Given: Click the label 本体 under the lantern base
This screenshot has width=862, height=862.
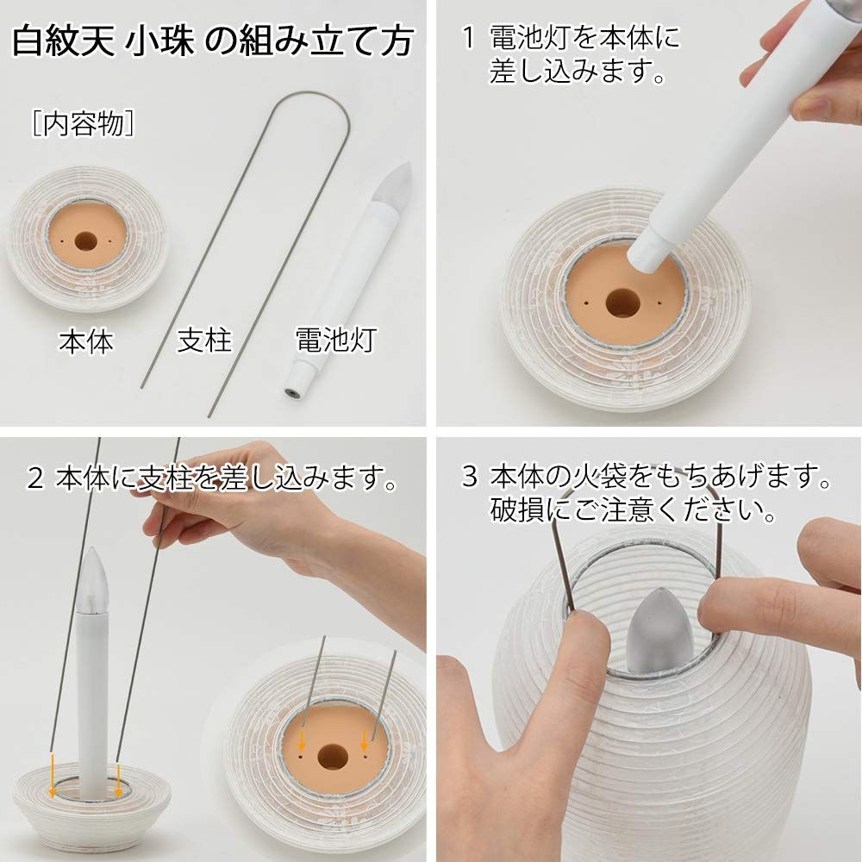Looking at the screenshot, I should click(86, 341).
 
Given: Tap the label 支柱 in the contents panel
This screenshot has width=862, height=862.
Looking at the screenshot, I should click(204, 341).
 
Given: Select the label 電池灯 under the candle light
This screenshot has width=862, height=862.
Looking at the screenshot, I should click(323, 341).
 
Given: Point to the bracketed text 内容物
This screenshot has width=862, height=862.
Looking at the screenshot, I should click(83, 123).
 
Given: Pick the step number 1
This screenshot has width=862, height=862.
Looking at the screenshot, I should click(468, 38).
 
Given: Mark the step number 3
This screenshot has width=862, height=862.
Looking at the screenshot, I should click(468, 477).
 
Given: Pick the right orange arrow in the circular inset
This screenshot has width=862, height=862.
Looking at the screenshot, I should click(364, 740).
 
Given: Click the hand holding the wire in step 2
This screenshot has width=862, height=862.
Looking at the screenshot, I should click(250, 509).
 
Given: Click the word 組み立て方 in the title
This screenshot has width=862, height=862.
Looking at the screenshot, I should click(328, 41).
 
